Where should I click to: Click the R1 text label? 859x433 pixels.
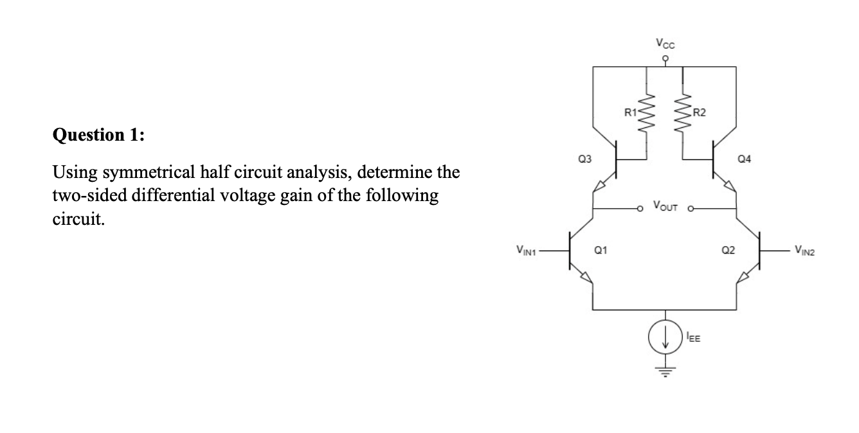[x=633, y=114]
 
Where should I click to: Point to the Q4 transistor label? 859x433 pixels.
[x=746, y=157]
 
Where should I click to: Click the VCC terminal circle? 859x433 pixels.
[x=665, y=57]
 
